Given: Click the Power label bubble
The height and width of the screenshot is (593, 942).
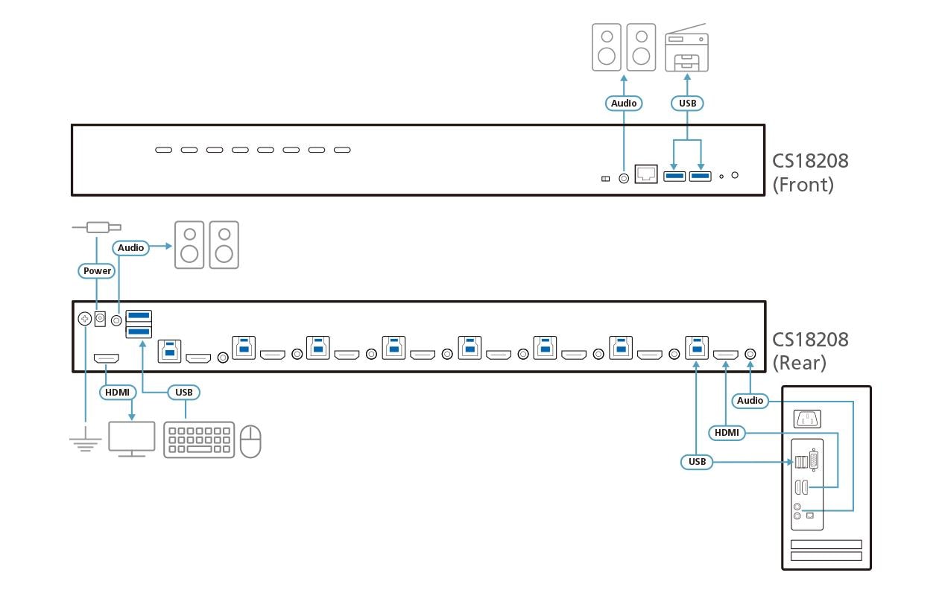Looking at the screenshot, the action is [x=97, y=271].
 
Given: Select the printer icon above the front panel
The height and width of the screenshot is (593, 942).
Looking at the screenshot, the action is [x=686, y=48].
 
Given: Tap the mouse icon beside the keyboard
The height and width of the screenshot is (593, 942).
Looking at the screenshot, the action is [x=250, y=441].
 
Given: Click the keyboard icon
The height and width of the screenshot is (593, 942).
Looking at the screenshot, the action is [x=199, y=440].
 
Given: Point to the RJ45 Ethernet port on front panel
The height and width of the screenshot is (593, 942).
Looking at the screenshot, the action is [x=646, y=174].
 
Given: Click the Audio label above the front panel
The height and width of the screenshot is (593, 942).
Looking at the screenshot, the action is [x=624, y=104].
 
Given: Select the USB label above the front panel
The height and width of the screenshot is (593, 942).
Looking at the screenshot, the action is [x=687, y=104].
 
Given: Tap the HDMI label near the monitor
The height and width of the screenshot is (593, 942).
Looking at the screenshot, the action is [x=117, y=393].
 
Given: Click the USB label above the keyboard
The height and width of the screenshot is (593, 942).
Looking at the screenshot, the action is [x=184, y=393].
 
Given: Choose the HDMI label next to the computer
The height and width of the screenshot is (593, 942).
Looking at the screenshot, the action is [x=727, y=433].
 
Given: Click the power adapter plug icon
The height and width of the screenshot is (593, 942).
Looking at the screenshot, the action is [x=97, y=228].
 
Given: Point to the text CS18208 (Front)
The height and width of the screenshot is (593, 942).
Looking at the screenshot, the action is [x=810, y=173].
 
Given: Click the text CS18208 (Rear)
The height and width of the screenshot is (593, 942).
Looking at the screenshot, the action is [x=810, y=352].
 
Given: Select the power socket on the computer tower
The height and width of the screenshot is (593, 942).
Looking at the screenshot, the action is [x=807, y=419].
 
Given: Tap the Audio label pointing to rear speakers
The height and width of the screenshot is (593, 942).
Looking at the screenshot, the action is [x=130, y=248].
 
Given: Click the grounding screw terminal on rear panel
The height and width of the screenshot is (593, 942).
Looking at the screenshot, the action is [x=85, y=319].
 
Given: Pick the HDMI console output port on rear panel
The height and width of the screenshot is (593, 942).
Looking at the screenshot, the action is [x=106, y=358].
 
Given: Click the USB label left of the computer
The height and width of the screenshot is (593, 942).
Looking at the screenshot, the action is [x=697, y=462].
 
